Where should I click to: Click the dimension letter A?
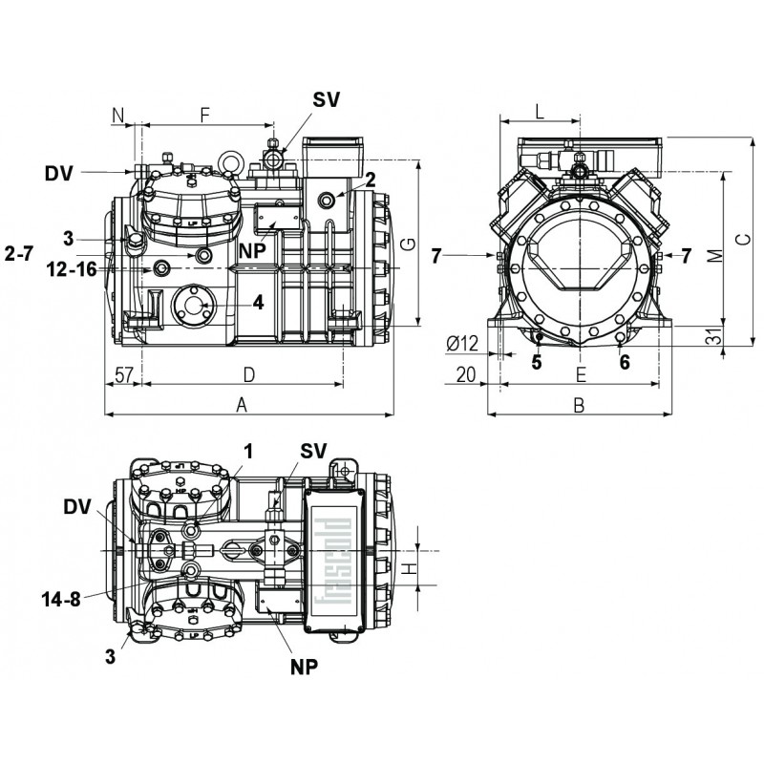point(242,405)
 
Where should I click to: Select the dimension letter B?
point(578,405)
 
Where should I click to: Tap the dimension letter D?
point(248,371)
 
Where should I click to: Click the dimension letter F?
point(204,115)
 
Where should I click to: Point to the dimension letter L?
point(540,112)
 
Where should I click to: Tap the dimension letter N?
point(118,115)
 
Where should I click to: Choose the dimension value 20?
point(466,373)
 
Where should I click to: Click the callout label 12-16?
point(72,269)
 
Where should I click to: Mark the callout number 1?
point(248,449)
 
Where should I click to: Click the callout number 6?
point(625,363)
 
